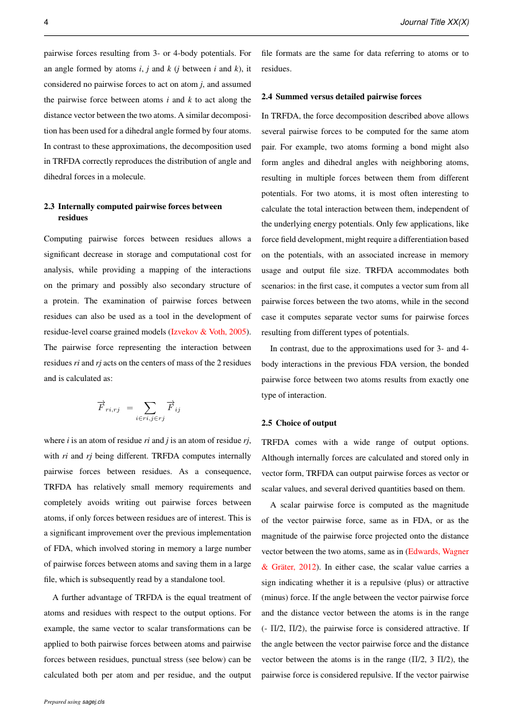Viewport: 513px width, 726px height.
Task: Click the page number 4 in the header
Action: click(x=46, y=22)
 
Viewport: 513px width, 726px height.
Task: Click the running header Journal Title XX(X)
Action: click(x=434, y=22)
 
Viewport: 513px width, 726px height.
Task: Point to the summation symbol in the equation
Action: click(x=149, y=408)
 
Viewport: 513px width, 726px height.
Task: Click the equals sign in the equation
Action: click(x=130, y=408)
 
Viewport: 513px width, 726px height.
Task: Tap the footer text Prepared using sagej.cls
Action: click(x=74, y=702)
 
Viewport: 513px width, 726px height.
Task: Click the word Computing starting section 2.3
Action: click(x=62, y=238)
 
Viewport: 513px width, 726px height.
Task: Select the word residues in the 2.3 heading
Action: click(x=73, y=218)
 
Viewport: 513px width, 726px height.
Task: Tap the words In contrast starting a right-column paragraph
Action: click(x=288, y=348)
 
